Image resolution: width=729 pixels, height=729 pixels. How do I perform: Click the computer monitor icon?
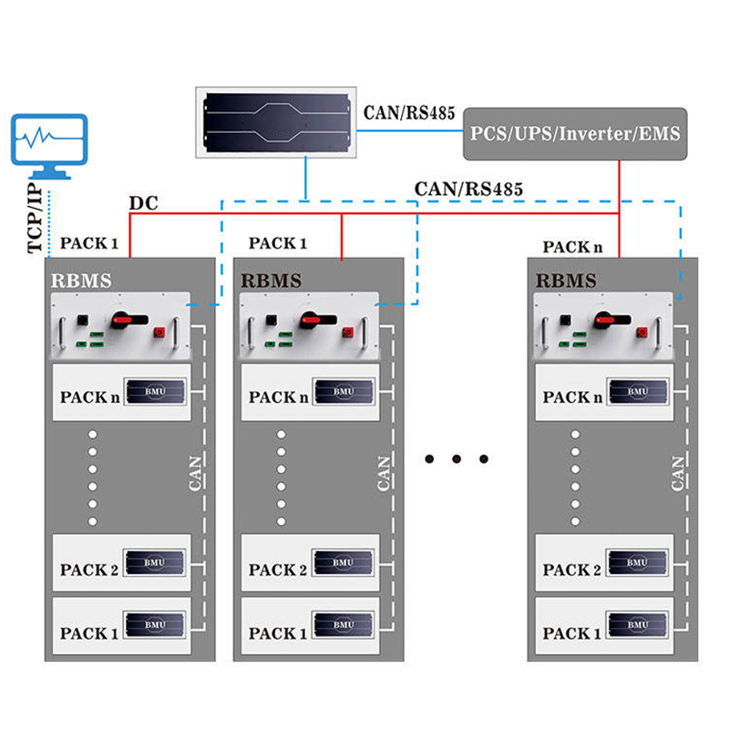51,146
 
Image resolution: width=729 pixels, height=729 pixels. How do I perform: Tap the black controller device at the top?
277,119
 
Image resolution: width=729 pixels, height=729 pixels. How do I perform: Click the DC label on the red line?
143,202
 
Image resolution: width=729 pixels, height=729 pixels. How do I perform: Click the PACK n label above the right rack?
572,247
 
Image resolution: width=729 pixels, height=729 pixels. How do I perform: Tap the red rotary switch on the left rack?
122,320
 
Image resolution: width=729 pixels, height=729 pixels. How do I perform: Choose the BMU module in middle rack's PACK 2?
343,562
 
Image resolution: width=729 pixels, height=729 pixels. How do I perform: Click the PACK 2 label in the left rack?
89,570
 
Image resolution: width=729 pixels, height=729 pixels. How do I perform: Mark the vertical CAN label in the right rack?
678,472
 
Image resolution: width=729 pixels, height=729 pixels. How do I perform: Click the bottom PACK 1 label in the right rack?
572,633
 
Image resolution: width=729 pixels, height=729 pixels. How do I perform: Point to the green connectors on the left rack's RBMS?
87,338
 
